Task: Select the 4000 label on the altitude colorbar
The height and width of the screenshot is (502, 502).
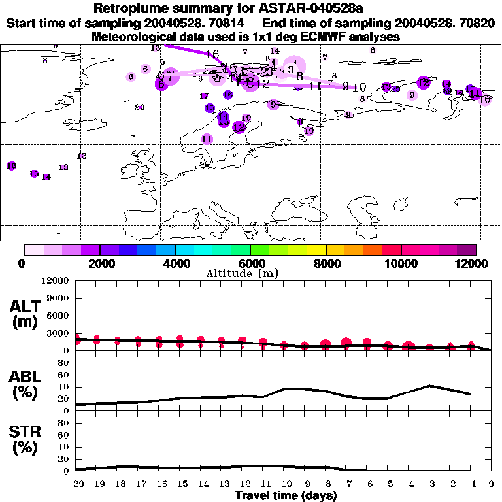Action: [175, 263]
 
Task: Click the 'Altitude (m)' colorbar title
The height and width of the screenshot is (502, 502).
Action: [251, 273]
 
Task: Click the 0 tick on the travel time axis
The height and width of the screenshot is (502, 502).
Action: [492, 486]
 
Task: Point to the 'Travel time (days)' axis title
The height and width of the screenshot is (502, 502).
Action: [286, 496]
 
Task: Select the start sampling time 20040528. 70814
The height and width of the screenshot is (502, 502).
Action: [193, 23]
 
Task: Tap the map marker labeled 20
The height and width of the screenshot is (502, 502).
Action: [139, 107]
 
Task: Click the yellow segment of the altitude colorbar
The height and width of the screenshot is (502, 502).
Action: [316, 250]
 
